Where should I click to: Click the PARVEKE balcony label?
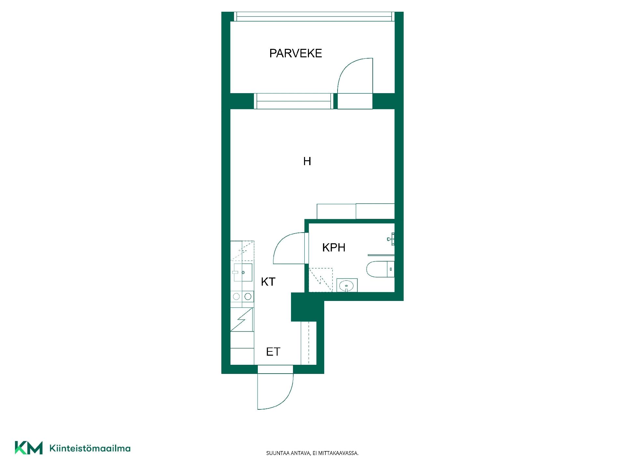click(x=296, y=53)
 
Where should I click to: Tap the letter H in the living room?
click(x=307, y=161)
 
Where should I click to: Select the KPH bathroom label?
click(x=334, y=248)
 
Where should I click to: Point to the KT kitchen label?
click(x=268, y=282)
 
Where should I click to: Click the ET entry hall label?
click(x=273, y=352)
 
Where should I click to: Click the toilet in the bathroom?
click(x=380, y=269)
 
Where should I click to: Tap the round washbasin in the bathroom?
click(x=347, y=286)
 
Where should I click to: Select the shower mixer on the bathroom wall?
click(x=391, y=239)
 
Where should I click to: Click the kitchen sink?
click(x=243, y=272)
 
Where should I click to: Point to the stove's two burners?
click(x=242, y=296)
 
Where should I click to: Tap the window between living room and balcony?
click(x=294, y=101)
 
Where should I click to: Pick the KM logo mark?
click(x=29, y=448)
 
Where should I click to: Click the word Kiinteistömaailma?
click(x=90, y=448)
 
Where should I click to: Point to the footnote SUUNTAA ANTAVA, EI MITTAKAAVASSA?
click(x=312, y=453)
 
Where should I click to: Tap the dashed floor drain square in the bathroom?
click(x=321, y=280)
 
